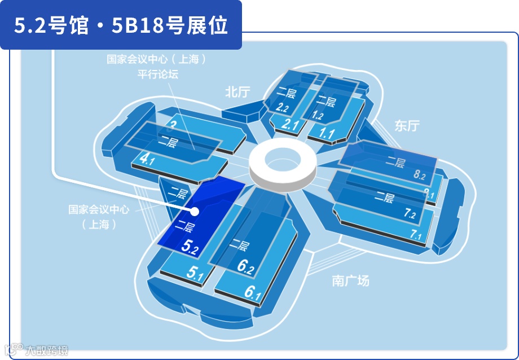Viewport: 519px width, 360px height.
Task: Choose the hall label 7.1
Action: click(x=416, y=234)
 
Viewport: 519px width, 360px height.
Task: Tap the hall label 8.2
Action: click(x=419, y=175)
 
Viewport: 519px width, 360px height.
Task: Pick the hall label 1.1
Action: click(x=327, y=134)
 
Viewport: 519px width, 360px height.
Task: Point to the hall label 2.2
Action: click(x=283, y=107)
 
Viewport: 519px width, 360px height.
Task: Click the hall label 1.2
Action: click(x=316, y=116)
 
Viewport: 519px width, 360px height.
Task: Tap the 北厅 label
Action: click(x=237, y=92)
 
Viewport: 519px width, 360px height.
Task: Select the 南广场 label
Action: click(x=350, y=280)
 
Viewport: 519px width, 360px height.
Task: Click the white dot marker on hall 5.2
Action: click(x=195, y=212)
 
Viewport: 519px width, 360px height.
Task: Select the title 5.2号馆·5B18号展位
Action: click(x=121, y=25)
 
